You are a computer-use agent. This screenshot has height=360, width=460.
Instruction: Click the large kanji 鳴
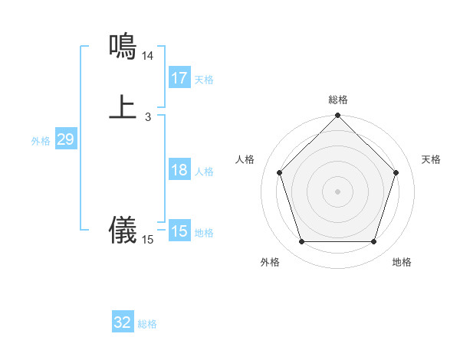coord(123,47)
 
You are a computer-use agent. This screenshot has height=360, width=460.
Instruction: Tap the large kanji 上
coord(123,106)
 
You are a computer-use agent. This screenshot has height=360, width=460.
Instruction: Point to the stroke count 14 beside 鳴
coord(148,56)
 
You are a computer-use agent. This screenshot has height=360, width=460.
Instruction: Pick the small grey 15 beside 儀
coord(148,240)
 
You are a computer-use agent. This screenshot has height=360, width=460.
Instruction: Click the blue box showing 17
coord(179,78)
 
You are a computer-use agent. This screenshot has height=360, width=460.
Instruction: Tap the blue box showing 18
coord(179,170)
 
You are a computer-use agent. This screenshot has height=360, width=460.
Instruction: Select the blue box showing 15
coord(179,231)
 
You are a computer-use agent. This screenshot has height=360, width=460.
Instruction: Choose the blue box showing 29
coord(65,139)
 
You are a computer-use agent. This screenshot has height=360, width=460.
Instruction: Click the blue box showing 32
coord(123,322)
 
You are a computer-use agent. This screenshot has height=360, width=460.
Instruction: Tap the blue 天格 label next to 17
coord(204,80)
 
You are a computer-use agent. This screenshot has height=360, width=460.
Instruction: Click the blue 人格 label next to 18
coord(204,172)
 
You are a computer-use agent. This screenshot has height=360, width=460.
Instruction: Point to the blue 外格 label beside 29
coord(41,141)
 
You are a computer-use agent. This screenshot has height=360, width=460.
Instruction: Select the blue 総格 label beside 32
coord(147,324)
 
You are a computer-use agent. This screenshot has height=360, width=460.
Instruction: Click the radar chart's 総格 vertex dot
coord(337,116)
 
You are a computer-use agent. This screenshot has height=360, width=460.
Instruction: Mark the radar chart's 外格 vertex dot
coord(301,242)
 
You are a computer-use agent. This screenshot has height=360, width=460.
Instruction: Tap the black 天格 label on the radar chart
coord(431,159)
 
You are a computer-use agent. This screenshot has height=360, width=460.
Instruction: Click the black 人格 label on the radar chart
coord(245,159)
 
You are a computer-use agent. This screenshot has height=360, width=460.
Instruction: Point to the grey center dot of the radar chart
coord(337,191)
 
